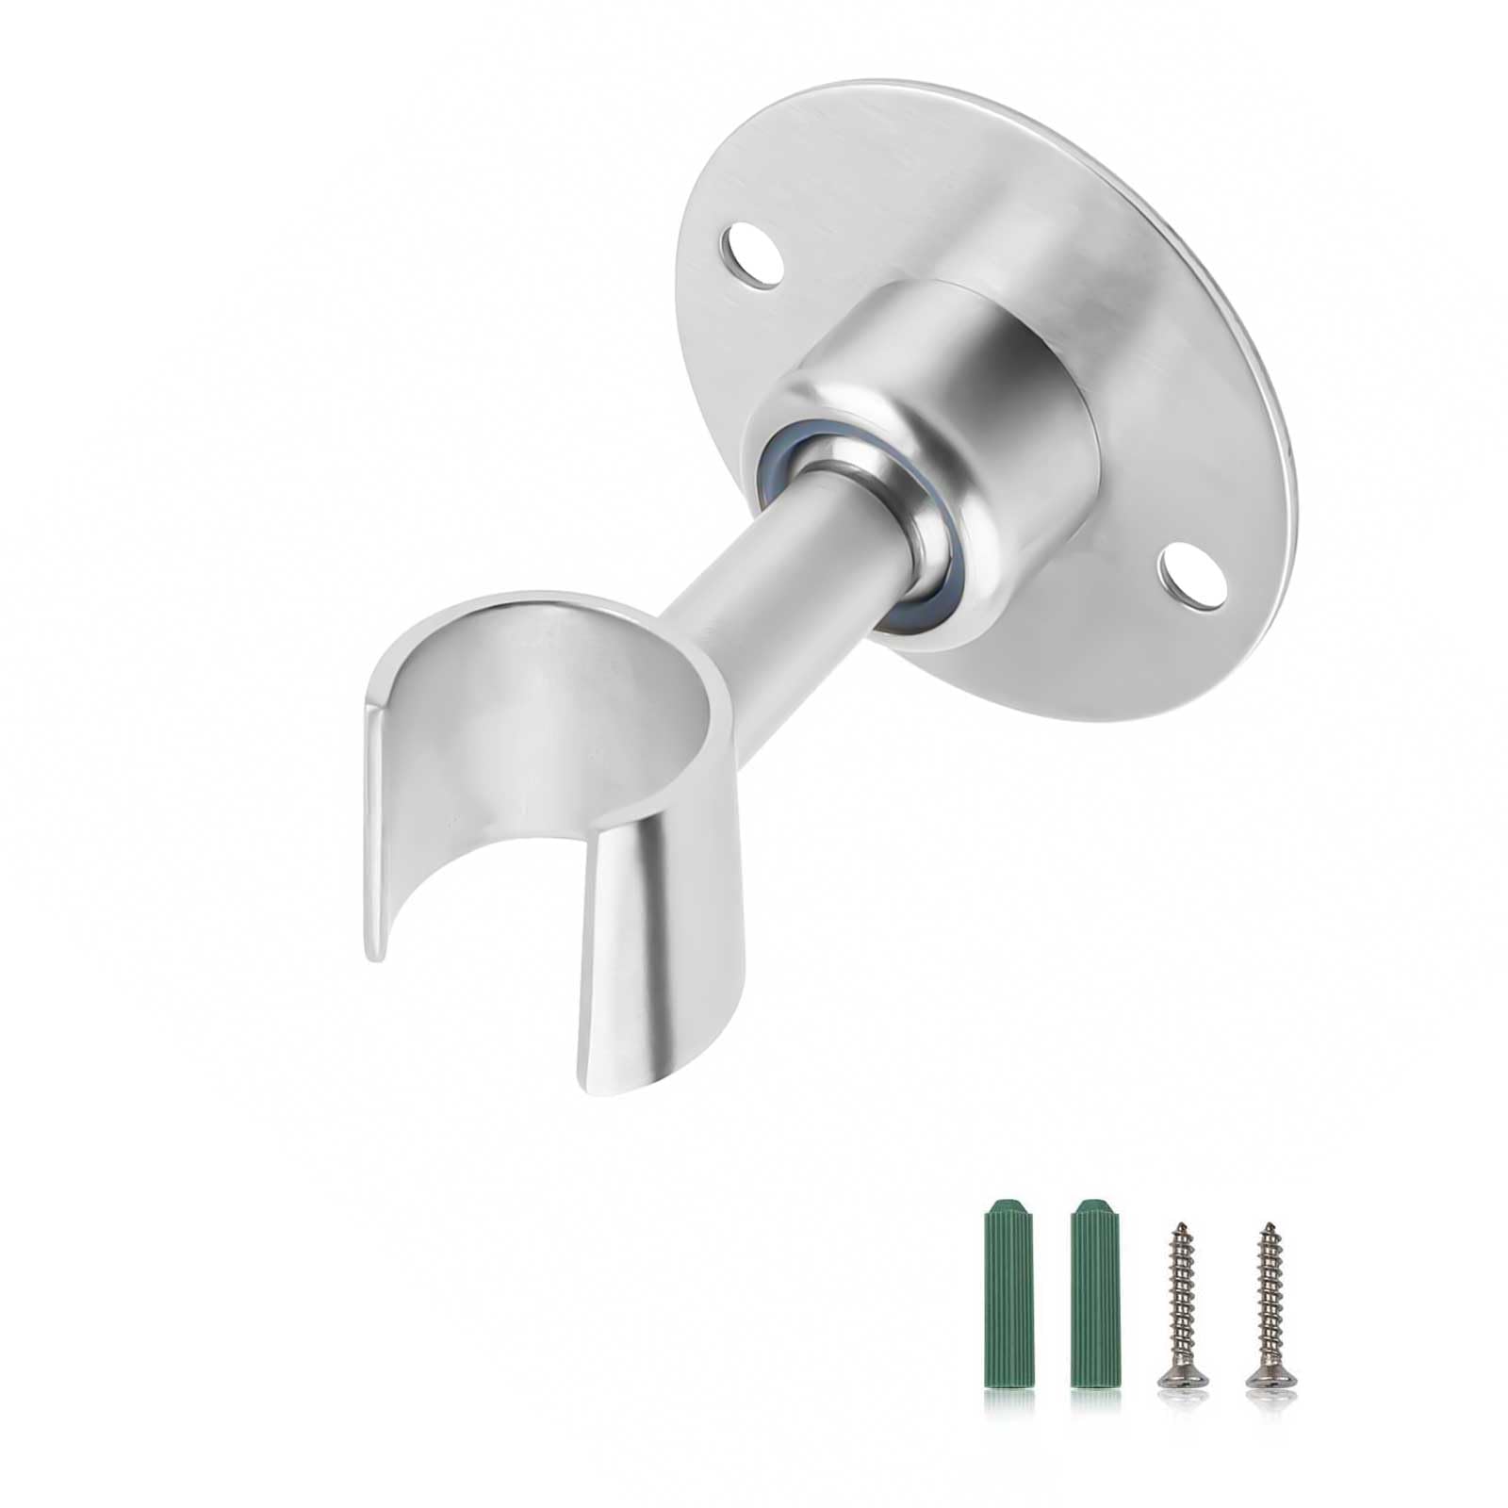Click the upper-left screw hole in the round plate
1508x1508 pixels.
[751, 249]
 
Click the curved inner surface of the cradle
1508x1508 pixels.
[528, 754]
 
